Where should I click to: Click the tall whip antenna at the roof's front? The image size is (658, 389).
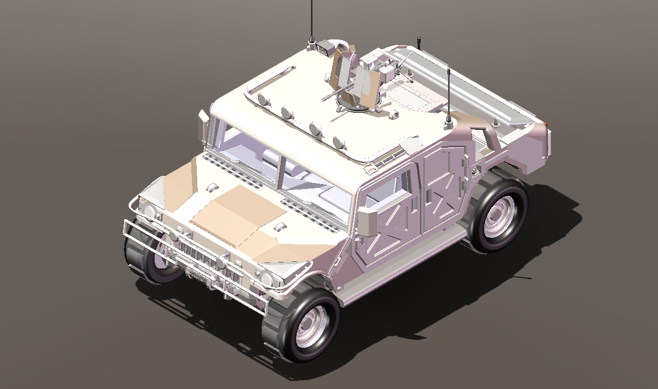tap(311, 22)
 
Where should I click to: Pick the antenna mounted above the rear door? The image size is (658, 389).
tap(449, 96)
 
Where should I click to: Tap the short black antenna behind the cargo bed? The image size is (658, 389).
tap(419, 43)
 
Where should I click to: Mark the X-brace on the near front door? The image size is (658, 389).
tap(384, 238)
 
